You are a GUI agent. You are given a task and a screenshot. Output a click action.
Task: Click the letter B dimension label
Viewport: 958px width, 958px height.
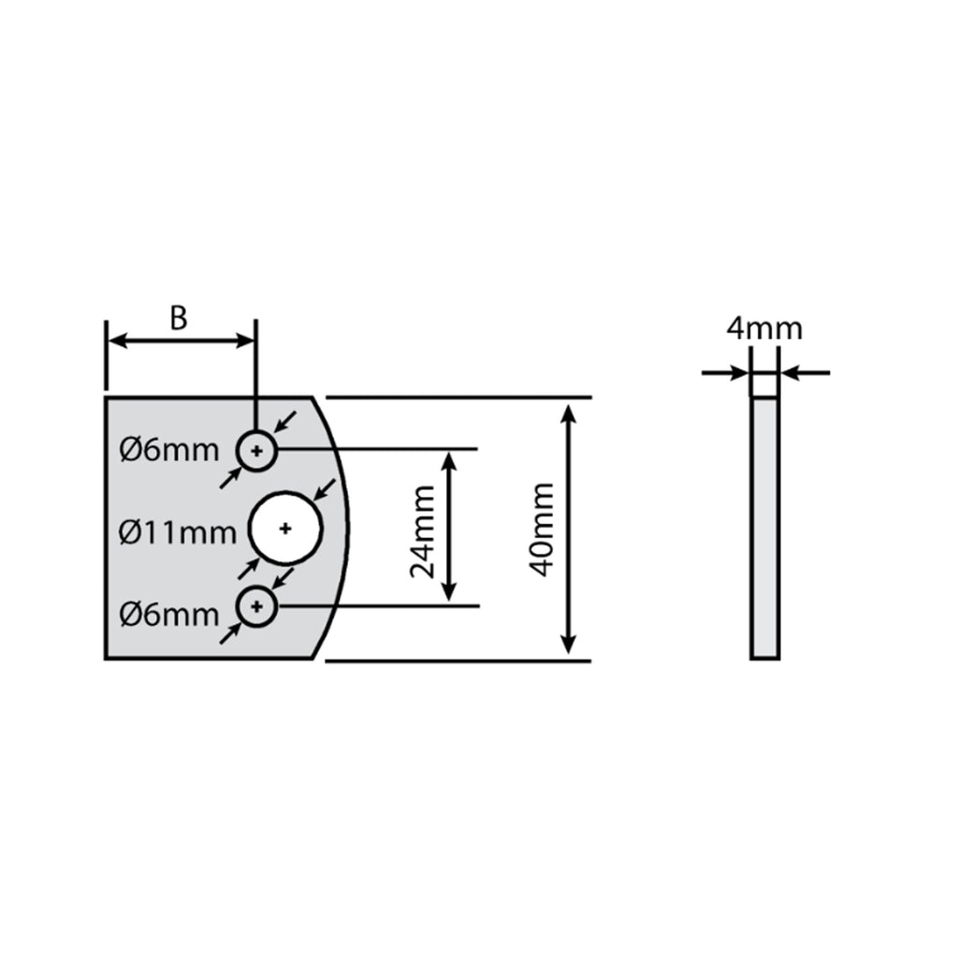click(179, 318)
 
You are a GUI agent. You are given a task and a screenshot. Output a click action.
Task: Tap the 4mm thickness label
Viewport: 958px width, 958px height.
click(764, 328)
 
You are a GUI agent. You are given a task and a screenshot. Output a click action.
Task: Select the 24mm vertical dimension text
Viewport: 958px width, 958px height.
click(422, 531)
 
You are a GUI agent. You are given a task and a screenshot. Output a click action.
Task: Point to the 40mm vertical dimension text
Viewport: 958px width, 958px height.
click(542, 530)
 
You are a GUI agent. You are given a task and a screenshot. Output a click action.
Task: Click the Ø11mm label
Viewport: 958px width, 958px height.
click(177, 532)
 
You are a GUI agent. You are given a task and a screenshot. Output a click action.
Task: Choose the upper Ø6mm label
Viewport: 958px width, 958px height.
click(169, 451)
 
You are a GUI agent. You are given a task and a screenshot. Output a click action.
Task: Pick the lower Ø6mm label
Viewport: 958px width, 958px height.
click(169, 614)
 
